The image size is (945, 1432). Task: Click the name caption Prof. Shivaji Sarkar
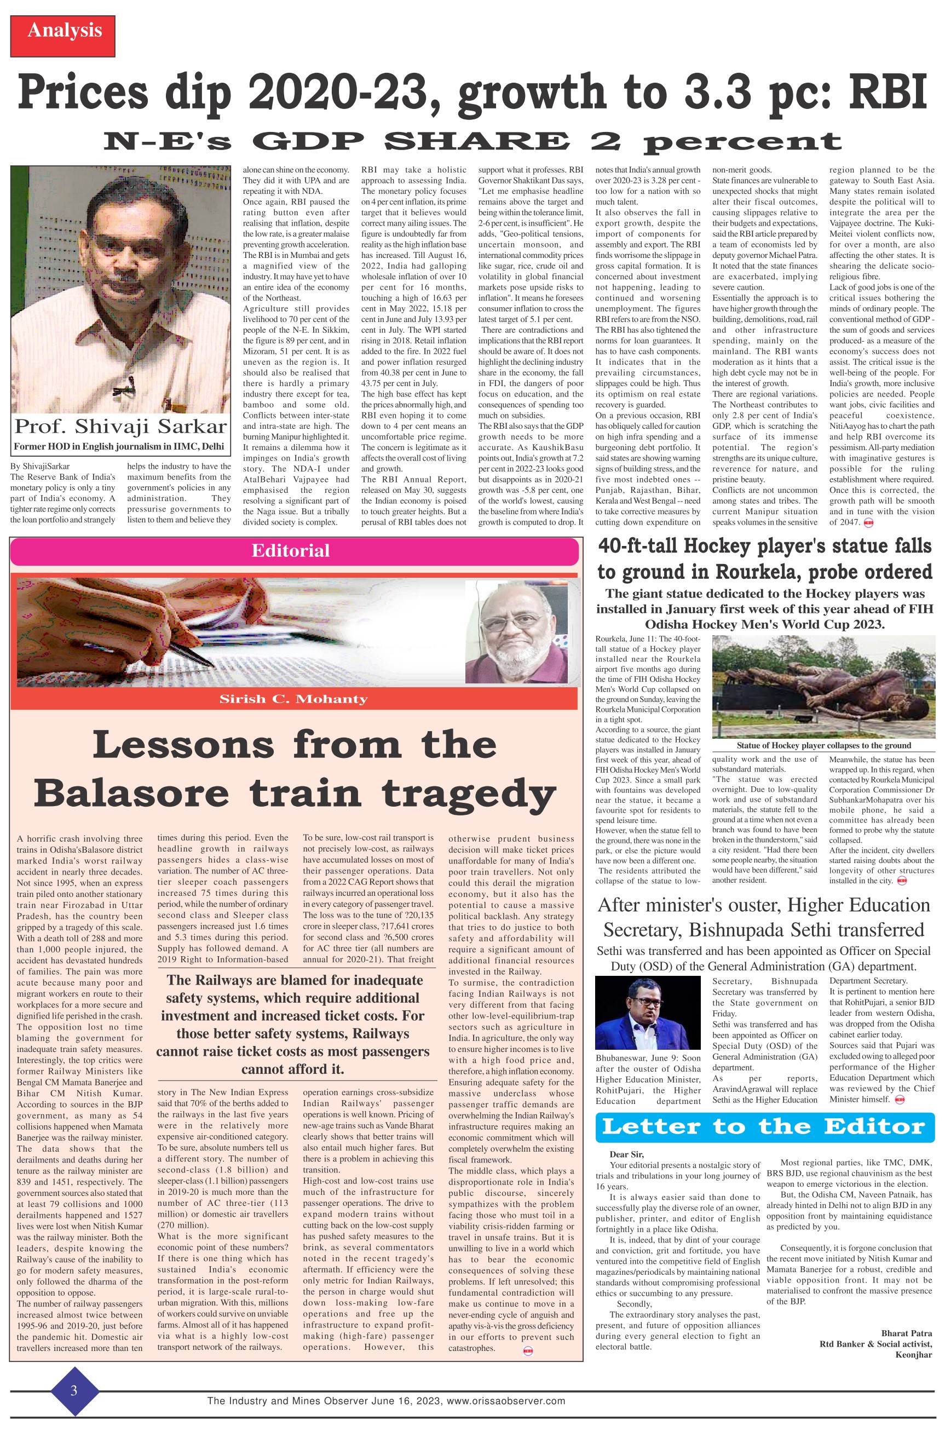tap(120, 427)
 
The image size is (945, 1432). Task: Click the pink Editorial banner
tap(293, 551)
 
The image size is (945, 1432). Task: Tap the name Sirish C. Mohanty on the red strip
tap(293, 699)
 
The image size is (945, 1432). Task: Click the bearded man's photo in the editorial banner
tap(516, 640)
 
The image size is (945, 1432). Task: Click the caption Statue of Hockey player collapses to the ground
tap(823, 745)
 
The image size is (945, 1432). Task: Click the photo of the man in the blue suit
tap(648, 1013)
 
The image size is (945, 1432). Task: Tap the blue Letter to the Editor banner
tap(764, 1126)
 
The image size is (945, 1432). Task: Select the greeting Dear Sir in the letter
tap(626, 1154)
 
